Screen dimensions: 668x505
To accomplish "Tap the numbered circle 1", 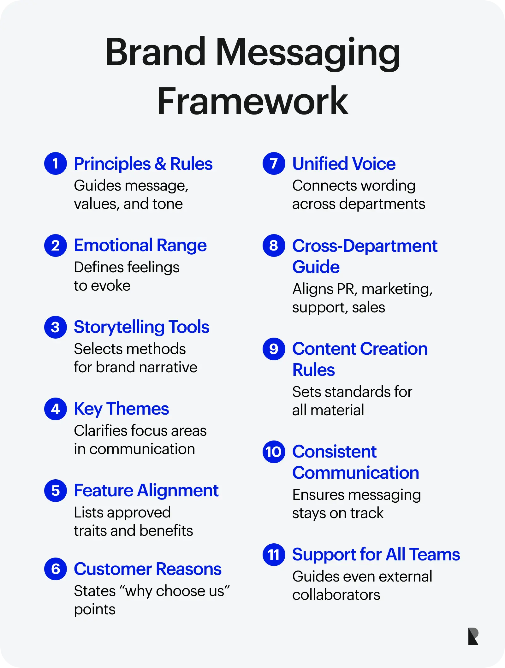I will tap(56, 163).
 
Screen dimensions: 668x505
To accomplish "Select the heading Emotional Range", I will tap(140, 245).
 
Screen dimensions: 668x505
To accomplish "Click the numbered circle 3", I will tap(56, 327).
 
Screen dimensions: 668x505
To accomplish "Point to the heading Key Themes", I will tap(122, 409).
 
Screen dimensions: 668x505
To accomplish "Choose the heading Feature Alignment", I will tap(146, 491).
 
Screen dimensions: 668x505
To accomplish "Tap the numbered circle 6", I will tap(56, 569).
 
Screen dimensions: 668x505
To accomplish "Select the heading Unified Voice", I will tap(344, 164).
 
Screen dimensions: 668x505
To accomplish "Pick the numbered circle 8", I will tap(274, 245).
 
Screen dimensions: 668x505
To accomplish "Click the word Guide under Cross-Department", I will tap(316, 267).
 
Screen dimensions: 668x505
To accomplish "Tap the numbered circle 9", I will tap(274, 349).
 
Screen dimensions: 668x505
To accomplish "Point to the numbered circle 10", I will tap(274, 452).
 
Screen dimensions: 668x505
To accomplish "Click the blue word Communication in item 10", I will tap(356, 473).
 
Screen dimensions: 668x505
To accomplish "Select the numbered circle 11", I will tap(274, 555).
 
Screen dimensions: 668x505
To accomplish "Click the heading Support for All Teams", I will tap(376, 555).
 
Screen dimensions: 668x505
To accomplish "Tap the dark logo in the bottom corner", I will tap(473, 636).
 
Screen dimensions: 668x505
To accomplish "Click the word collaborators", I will tap(336, 595).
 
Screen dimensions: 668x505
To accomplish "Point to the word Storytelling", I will tap(119, 327).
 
